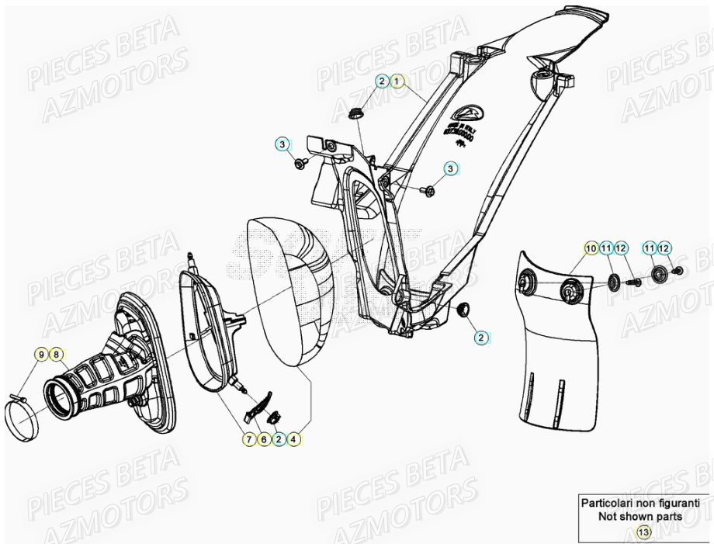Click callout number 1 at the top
pyautogui.click(x=397, y=81)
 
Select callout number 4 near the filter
pyautogui.click(x=293, y=439)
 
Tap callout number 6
pyautogui.click(x=263, y=439)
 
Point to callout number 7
pyautogui.click(x=248, y=439)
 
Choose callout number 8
pyautogui.click(x=56, y=355)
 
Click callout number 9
pyautogui.click(x=41, y=355)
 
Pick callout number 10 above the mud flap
pyautogui.click(x=591, y=248)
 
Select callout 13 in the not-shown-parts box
pyautogui.click(x=643, y=532)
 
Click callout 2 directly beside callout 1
pyautogui.click(x=382, y=81)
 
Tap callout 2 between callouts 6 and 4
pyautogui.click(x=278, y=439)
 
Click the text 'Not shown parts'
pyautogui.click(x=640, y=516)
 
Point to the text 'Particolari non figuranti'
pyautogui.click(x=640, y=503)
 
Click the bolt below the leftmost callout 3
pyautogui.click(x=301, y=164)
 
